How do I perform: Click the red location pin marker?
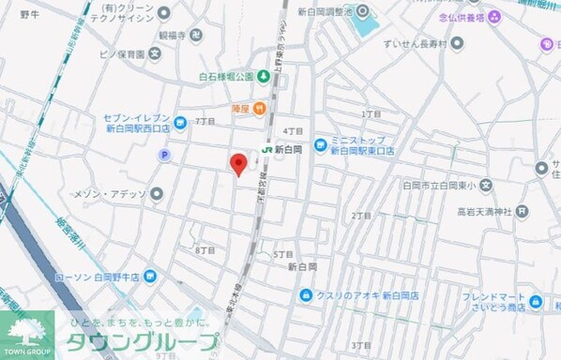click(x=239, y=164)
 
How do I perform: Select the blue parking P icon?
click(x=166, y=156)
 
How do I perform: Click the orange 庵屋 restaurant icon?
click(x=238, y=108)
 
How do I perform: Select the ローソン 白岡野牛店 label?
click(x=97, y=277)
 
